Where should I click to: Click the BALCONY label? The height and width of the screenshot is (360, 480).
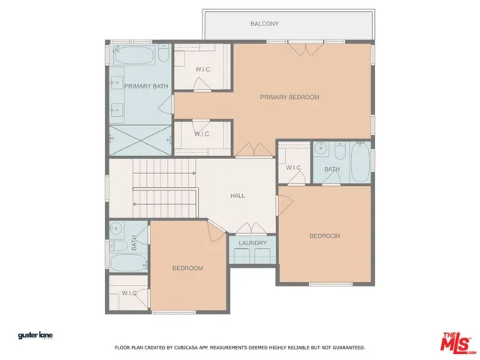click(x=264, y=24)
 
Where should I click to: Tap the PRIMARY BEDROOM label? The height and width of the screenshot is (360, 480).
click(x=289, y=97)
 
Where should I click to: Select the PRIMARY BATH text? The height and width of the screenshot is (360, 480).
click(x=146, y=86)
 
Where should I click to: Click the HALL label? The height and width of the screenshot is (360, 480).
click(x=237, y=196)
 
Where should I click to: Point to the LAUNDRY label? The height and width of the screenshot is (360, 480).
click(x=253, y=243)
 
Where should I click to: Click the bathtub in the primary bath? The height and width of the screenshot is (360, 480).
click(x=135, y=56)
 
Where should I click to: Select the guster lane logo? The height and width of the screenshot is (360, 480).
click(x=35, y=335)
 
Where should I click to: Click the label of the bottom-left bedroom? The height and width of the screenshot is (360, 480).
click(x=187, y=268)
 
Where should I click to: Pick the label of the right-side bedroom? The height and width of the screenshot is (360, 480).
click(x=325, y=235)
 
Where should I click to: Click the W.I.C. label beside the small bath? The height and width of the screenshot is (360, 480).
click(x=293, y=167)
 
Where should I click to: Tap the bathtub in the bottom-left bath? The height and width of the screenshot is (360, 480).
click(x=128, y=262)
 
